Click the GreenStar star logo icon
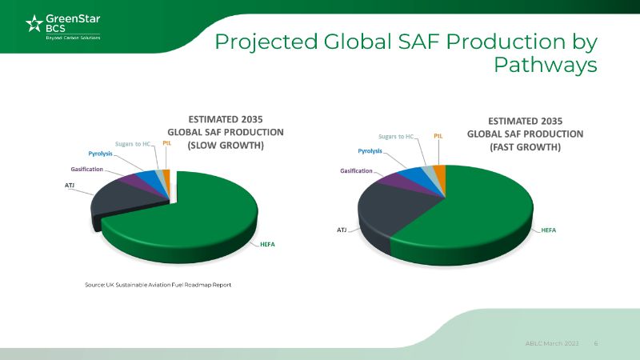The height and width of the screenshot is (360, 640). (34, 24)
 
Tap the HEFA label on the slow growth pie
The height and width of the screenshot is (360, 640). (266, 243)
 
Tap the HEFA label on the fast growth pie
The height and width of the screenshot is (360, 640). (549, 230)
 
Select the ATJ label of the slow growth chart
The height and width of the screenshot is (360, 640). (70, 185)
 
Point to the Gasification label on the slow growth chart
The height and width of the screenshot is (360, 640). (86, 170)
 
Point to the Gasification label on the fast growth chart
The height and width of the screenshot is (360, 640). (356, 170)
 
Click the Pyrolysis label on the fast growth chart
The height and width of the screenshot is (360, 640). (370, 151)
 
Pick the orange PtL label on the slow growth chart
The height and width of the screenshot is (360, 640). (166, 143)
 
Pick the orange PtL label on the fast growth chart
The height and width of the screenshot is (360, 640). (438, 137)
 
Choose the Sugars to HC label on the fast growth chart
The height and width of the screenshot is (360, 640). (396, 137)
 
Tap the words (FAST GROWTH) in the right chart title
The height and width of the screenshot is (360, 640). (525, 148)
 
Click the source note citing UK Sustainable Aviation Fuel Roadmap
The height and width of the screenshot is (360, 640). (158, 285)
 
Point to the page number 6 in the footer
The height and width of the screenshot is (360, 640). (595, 342)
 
